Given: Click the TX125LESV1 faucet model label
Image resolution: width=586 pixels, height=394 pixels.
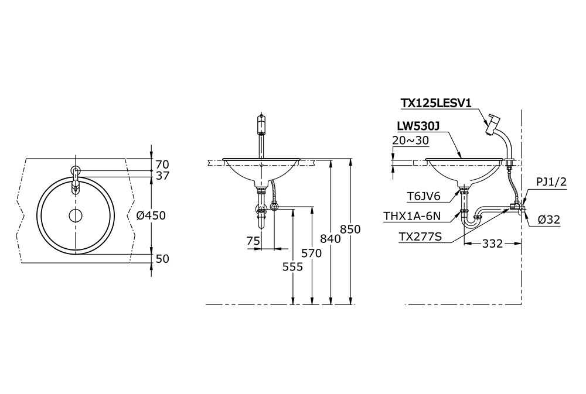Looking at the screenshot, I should tap(436, 103).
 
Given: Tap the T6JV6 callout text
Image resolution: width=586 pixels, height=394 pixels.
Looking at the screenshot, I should tap(424, 197).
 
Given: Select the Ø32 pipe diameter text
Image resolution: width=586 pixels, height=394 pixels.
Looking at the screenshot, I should tap(548, 220).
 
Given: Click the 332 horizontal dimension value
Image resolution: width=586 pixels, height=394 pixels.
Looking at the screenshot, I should tap(492, 243).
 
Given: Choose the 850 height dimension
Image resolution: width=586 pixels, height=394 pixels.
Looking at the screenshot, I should tap(350, 229).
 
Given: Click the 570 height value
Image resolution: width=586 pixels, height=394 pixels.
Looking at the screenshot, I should tap(312, 253).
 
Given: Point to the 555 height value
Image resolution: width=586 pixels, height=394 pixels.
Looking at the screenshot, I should tap(292, 267).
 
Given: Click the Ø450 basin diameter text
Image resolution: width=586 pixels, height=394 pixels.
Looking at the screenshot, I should tap(151, 215).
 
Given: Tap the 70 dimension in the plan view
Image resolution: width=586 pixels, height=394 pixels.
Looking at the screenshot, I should tap(162, 164).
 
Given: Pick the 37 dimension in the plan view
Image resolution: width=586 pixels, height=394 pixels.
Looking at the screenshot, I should tap(162, 176).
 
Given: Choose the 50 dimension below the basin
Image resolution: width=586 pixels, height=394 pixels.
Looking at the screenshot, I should tap(162, 258).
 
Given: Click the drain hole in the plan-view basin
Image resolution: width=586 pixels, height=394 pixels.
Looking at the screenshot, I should tap(75, 215).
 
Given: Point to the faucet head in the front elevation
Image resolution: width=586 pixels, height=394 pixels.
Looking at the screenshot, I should tap(262, 125).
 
